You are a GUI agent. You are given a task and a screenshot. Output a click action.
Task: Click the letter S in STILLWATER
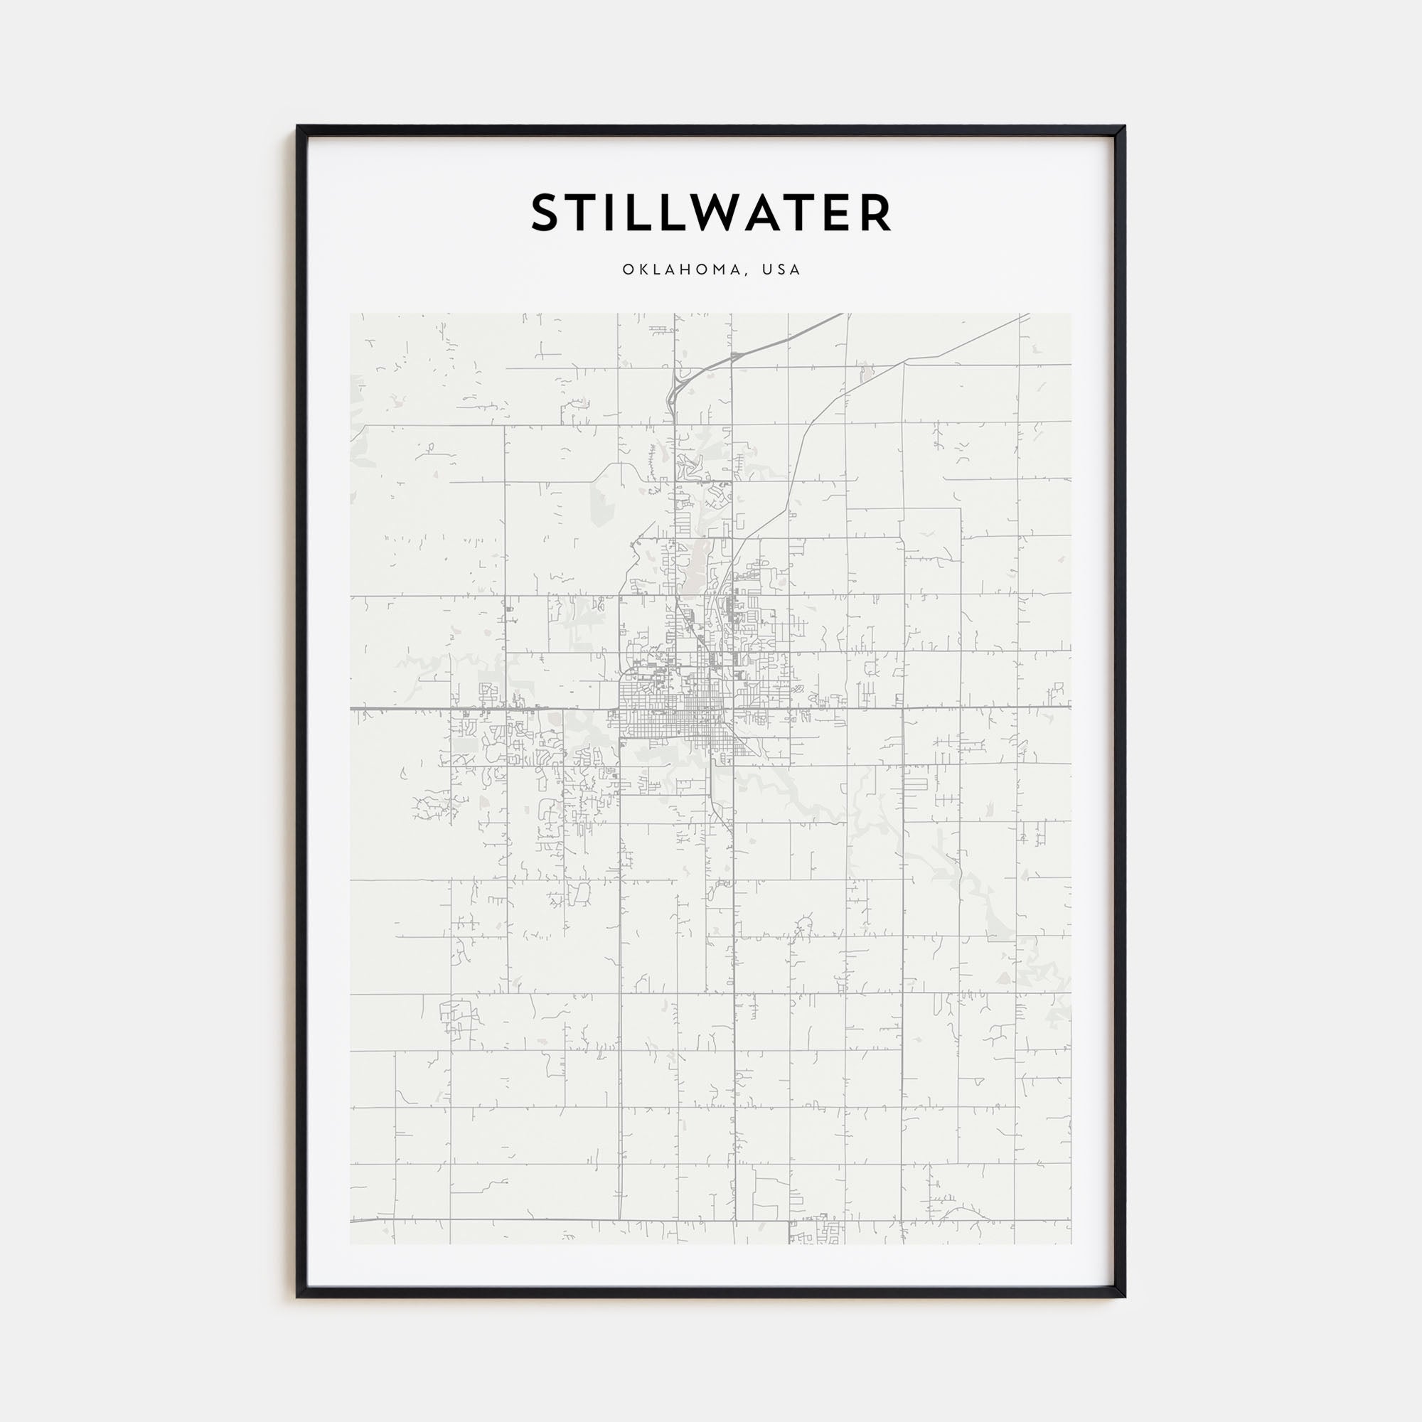coord(547,213)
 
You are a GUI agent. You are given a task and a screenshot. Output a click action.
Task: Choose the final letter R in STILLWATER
coord(874,213)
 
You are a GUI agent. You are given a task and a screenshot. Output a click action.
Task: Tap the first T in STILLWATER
coord(580,213)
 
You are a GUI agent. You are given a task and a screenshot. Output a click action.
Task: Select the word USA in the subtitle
coord(781,269)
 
